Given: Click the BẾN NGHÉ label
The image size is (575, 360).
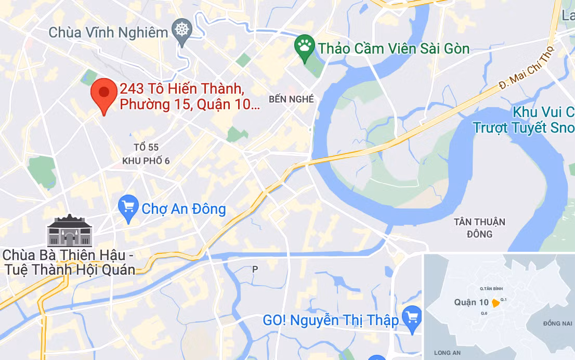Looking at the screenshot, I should tap(292, 99).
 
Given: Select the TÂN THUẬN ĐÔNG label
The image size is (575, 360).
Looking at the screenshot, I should tap(479, 228).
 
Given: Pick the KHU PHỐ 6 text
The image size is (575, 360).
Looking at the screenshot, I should tap(146, 161).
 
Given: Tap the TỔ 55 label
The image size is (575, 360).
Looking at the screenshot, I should tap(146, 148).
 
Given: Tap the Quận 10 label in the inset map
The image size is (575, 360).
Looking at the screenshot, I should tap(471, 302).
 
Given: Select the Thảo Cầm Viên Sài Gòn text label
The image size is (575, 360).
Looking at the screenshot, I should tap(394, 49).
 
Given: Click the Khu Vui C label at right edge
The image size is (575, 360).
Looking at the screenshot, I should tap(543, 112).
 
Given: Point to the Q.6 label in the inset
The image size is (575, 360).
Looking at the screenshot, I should tap(483, 313).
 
